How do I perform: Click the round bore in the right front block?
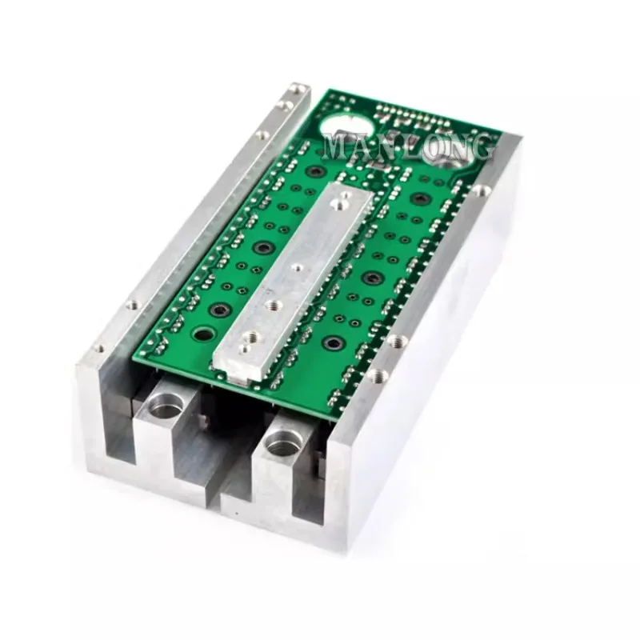tap(282, 442)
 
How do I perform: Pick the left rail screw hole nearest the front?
tap(98, 350)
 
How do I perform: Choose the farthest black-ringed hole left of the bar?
tap(317, 172)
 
